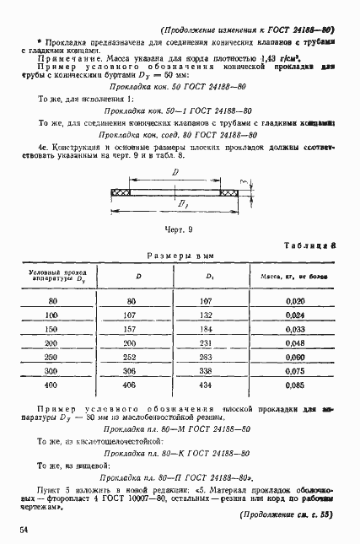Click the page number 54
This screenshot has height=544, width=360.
[21, 529]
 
